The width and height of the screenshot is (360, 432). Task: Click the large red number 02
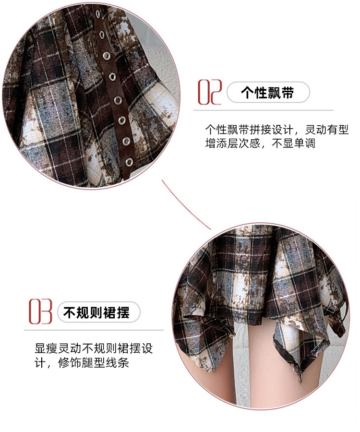coord(210,92)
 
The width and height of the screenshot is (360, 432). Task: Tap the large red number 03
coord(40,312)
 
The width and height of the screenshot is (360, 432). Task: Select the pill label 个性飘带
coord(268,92)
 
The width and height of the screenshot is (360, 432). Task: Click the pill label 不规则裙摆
coord(98,312)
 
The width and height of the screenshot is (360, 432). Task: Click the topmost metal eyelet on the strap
coord(98,14)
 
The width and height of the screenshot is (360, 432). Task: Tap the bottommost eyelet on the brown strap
coord(129,162)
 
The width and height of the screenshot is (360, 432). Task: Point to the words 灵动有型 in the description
coord(327,130)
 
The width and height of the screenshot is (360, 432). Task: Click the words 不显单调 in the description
coord(293,144)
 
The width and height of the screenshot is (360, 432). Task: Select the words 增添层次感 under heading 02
coord(232,144)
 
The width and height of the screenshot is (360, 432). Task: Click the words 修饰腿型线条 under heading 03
coord(94,363)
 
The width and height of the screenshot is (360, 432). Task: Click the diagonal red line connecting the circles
coord(186,204)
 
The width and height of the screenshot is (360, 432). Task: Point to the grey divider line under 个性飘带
coord(264,110)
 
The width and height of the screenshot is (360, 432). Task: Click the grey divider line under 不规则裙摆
coord(94,330)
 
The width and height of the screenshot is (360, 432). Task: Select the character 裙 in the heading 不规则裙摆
coord(110,312)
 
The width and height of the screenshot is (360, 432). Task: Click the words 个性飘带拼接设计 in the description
coord(249,130)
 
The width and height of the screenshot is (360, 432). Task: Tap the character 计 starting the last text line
coord(40,363)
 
